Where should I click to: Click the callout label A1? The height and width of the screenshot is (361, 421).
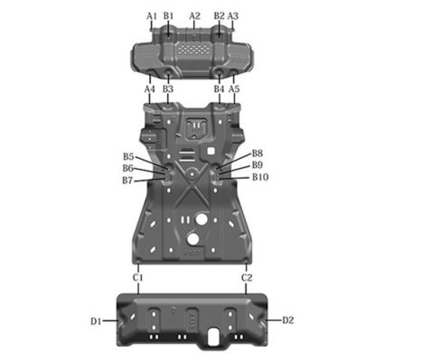(x=152, y=16)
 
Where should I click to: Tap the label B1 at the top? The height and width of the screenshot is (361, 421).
(x=169, y=16)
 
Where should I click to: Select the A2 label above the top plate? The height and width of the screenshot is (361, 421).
(x=194, y=16)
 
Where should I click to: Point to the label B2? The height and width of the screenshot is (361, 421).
(x=219, y=16)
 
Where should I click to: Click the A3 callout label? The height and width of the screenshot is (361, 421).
(x=233, y=16)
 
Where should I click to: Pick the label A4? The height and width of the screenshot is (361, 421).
(x=150, y=90)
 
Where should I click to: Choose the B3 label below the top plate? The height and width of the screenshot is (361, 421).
(x=168, y=90)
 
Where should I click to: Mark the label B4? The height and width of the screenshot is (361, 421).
(x=219, y=90)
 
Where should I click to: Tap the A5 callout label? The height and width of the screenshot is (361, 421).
(x=234, y=90)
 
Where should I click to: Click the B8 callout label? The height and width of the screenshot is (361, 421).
(x=257, y=154)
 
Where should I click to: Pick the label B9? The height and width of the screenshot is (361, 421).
(x=257, y=166)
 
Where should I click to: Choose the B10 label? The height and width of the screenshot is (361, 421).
(x=260, y=178)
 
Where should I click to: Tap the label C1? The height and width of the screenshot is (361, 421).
(x=138, y=278)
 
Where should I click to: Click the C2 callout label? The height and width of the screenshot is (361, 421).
(x=247, y=278)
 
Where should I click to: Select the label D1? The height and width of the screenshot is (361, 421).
(x=96, y=320)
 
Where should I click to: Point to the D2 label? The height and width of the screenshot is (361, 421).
(x=288, y=320)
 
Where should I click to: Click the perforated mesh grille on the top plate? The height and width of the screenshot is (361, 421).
(x=193, y=45)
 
